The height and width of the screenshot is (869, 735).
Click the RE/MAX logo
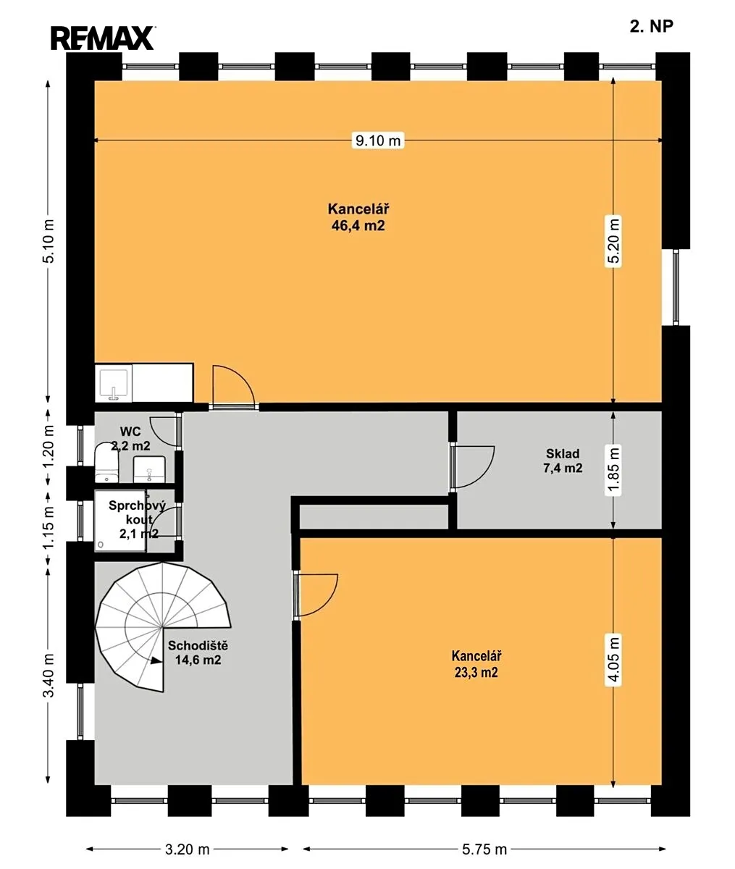(103, 38)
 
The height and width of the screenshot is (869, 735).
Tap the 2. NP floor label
(651, 26)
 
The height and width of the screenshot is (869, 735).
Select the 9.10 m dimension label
(378, 140)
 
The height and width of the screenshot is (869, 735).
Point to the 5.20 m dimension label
(613, 241)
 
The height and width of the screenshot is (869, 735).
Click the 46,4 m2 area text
(358, 226)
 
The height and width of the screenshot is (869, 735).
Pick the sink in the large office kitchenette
(113, 383)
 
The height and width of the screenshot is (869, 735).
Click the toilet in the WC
(106, 462)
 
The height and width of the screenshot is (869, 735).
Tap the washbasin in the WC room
(149, 469)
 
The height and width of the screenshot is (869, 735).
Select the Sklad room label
(563, 453)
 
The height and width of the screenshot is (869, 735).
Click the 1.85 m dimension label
(613, 470)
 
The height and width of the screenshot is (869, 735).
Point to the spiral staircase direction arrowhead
(156, 661)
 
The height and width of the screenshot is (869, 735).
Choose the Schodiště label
(198, 645)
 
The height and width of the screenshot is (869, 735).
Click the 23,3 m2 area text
(476, 672)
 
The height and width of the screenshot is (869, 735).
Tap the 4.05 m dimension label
(613, 661)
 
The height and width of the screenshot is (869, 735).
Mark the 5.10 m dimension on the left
(49, 241)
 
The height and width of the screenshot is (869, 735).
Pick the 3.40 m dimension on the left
(49, 676)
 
